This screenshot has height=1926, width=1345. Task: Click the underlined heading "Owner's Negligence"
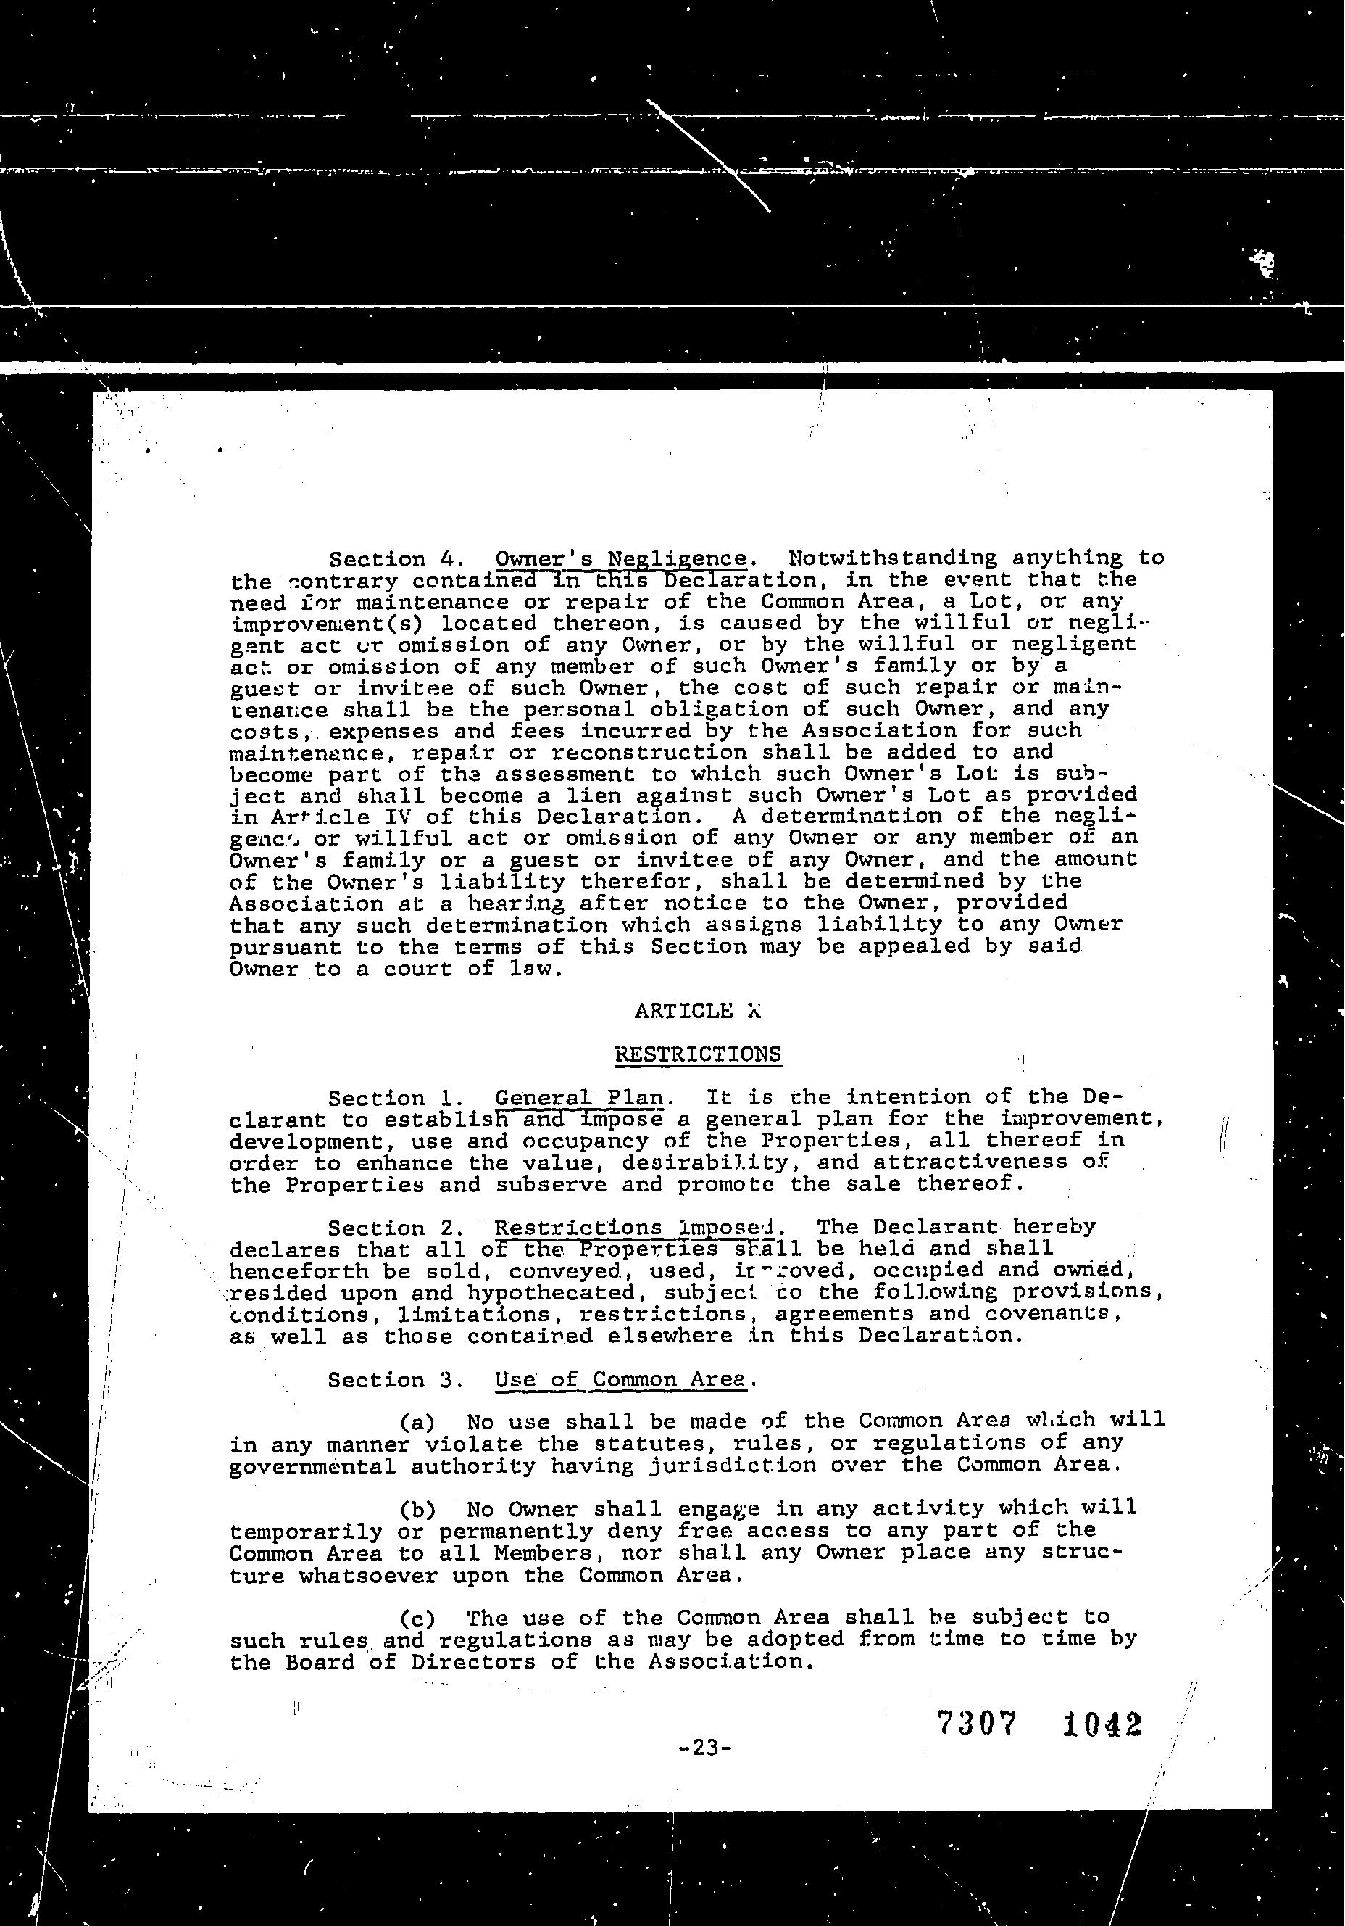[620, 558]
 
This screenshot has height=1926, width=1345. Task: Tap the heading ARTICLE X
[697, 1011]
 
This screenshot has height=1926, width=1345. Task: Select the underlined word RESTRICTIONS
[698, 1054]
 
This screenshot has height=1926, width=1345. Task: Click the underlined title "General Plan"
[578, 1098]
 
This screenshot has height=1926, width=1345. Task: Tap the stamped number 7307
[976, 1724]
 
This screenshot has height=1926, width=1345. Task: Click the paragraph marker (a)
[417, 1423]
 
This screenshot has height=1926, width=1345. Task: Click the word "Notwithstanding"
[893, 558]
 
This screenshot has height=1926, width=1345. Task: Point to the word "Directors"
[473, 1662]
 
